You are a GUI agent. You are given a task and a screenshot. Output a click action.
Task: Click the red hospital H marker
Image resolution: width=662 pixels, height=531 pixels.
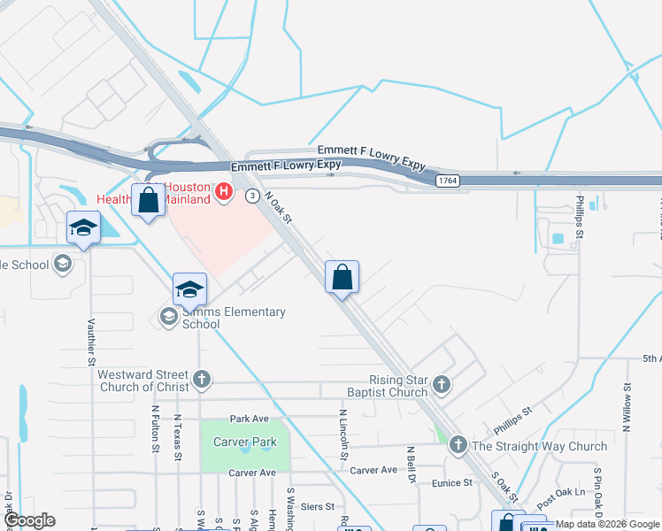click(x=223, y=191)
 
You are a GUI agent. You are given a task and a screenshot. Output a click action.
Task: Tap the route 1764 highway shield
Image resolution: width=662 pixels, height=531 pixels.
click(x=447, y=181)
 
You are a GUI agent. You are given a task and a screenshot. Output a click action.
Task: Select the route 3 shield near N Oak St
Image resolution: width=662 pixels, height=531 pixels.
click(x=253, y=195)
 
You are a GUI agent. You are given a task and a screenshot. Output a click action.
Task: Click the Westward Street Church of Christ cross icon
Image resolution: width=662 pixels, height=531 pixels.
click(x=202, y=380)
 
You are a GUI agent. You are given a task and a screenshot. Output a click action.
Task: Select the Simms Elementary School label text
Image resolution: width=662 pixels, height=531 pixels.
click(x=234, y=318)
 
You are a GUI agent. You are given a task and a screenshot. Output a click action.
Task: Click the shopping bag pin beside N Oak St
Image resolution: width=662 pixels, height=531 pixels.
click(x=342, y=279)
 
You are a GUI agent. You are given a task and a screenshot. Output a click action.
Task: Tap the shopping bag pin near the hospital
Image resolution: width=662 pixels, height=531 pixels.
click(x=149, y=201)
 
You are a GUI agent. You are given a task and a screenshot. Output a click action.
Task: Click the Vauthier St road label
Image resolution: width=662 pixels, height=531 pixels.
click(x=91, y=342)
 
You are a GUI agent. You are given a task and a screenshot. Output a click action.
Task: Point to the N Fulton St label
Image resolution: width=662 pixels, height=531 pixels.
click(x=155, y=428)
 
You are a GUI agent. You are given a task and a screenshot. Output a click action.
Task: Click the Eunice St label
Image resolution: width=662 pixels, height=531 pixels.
click(x=452, y=483)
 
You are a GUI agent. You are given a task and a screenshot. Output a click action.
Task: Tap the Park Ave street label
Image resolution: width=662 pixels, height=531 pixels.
click(x=248, y=419)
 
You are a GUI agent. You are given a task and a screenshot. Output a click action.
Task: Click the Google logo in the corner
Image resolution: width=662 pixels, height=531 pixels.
click(x=29, y=520)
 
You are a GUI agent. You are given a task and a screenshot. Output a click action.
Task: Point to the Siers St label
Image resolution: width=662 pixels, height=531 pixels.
click(x=318, y=507)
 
